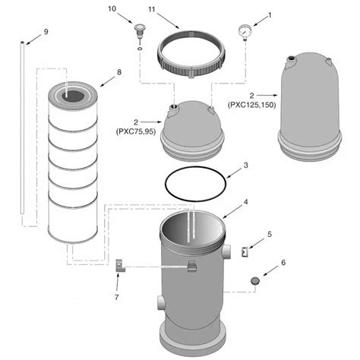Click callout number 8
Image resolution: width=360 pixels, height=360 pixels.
tap(118, 73)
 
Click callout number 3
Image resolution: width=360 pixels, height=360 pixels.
tap(245, 166)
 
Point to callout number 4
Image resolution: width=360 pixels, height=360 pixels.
tap(245, 202)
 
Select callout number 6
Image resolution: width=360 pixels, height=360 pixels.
tap(283, 264)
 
